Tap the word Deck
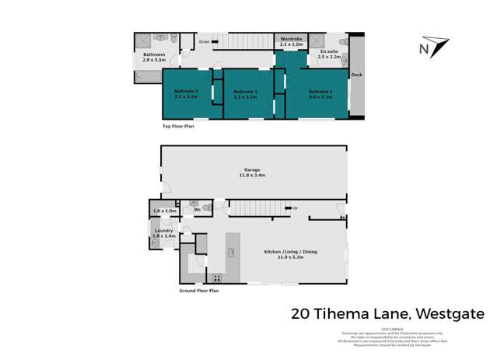point(356,75)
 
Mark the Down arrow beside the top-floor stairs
point(205,41)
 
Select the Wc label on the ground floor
point(198,209)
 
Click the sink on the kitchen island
point(232,252)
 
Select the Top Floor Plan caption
point(178,125)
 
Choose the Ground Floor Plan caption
point(198,291)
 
